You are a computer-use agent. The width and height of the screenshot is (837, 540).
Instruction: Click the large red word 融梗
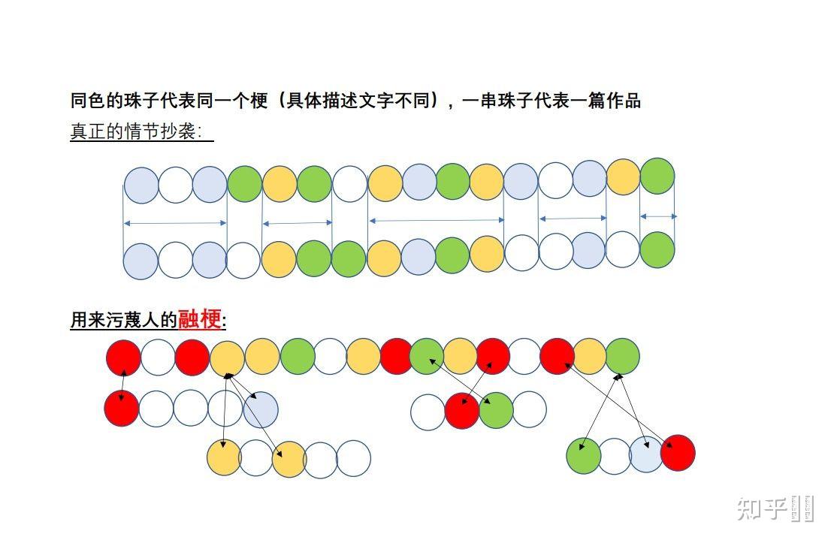point(201,319)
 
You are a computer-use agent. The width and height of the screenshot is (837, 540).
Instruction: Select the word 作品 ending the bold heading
point(624,101)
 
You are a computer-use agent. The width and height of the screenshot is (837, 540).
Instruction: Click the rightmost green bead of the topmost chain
point(657,176)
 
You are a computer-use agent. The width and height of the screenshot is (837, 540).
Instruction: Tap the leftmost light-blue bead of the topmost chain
point(141,186)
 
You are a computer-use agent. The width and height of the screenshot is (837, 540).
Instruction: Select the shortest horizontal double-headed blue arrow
point(658,216)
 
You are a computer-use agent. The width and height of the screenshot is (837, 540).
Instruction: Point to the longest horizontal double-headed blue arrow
point(437,220)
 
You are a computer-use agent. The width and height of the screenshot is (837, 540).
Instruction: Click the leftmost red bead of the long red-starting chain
point(123,357)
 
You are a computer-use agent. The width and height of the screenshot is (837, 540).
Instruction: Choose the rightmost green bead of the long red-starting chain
point(622,356)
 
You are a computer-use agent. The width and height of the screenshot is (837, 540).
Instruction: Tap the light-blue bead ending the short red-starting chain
point(261,409)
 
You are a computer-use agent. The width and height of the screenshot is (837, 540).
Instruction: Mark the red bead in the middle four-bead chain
point(462,410)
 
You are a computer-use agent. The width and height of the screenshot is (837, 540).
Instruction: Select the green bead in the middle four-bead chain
point(496,410)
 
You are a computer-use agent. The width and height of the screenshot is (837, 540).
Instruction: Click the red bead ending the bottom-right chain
point(678,453)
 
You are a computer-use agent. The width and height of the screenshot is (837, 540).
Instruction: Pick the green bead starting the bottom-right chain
point(584,455)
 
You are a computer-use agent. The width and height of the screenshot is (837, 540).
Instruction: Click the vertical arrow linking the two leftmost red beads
point(122,383)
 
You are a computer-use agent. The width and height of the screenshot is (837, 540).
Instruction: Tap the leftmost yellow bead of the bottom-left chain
point(224,458)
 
